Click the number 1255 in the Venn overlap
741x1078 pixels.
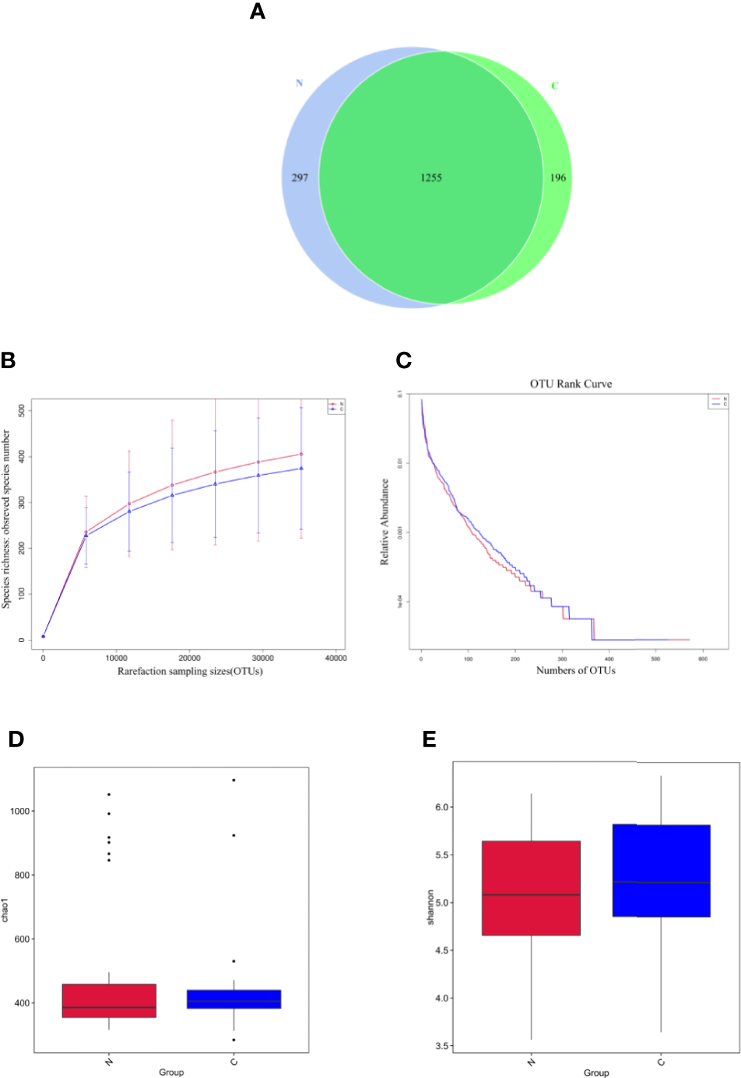[431, 177]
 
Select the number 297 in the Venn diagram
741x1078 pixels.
[300, 177]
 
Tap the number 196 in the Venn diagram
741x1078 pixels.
[558, 177]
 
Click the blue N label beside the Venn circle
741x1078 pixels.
[299, 83]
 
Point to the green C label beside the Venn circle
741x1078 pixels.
[555, 86]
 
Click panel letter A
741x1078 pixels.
[258, 12]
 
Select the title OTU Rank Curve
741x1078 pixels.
[571, 384]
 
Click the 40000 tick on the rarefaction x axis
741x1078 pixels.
[335, 658]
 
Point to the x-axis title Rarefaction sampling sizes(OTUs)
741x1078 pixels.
[190, 671]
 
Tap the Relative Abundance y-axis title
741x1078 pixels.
[385, 521]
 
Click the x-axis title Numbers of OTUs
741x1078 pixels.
[575, 670]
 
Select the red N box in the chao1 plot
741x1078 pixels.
[109, 1000]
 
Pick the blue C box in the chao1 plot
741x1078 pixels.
[234, 999]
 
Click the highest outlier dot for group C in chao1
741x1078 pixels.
[234, 780]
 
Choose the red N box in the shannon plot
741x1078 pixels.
[531, 887]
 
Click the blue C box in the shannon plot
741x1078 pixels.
[661, 870]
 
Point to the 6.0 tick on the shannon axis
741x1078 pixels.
[442, 807]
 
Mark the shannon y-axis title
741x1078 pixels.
[430, 908]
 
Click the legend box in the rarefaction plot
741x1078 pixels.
[336, 406]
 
